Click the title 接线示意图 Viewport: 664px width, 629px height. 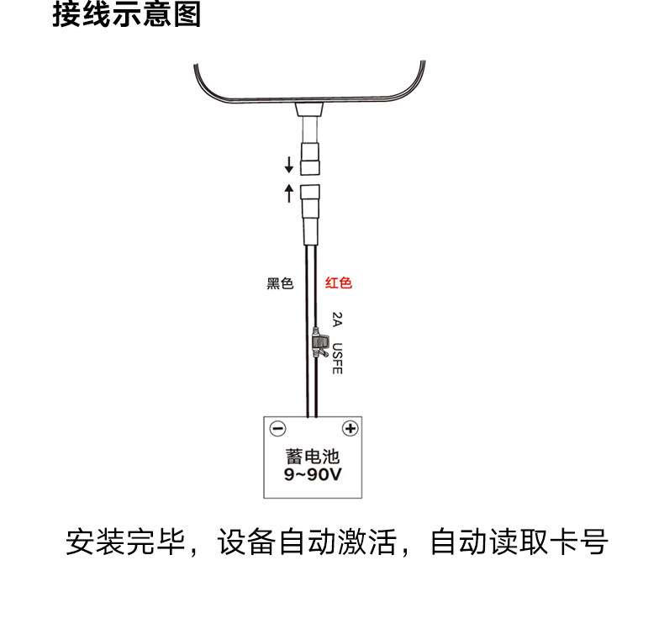point(127,15)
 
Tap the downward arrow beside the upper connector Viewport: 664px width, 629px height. point(289,162)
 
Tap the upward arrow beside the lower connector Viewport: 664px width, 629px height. point(289,193)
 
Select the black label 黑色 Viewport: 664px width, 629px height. point(280,283)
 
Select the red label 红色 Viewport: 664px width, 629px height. point(339,283)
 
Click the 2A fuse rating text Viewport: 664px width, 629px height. point(337,320)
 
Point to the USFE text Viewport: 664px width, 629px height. point(337,358)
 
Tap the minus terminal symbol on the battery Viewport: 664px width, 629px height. point(278,429)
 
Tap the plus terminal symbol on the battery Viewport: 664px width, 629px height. point(350,429)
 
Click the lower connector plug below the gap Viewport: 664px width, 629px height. point(310,200)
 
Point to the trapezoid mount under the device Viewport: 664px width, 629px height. point(311,109)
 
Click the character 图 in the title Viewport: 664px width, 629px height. point(188,15)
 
